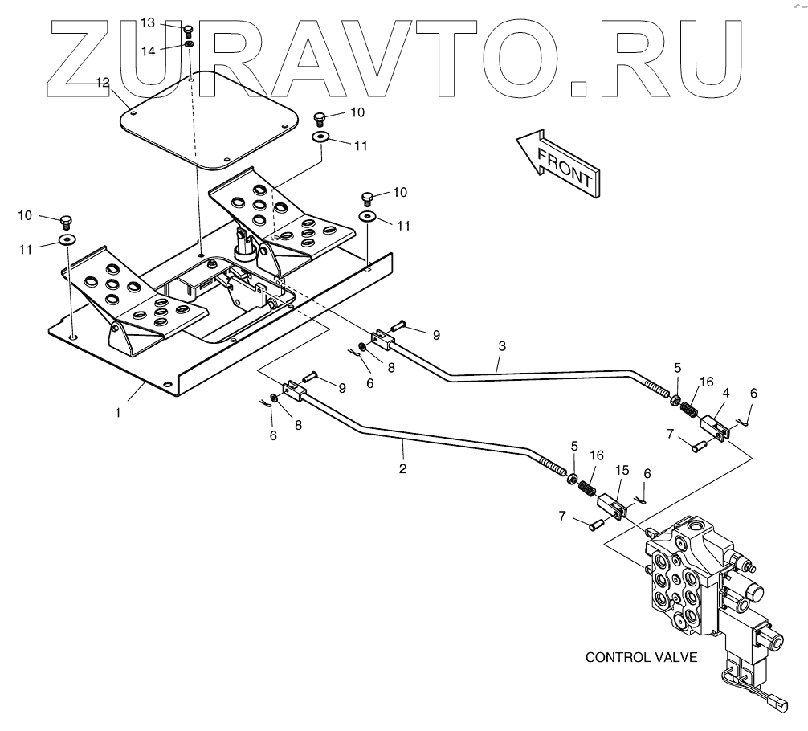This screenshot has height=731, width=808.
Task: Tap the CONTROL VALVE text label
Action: (641, 657)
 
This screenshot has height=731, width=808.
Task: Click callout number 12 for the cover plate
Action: (102, 82)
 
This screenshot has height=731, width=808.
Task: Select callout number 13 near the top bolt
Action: (148, 23)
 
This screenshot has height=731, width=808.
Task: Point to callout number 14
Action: (148, 50)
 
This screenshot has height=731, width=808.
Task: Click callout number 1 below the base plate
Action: (117, 412)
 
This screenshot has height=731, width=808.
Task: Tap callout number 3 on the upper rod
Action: (501, 346)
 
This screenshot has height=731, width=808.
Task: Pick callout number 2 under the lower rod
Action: (402, 468)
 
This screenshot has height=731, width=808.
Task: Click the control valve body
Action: (683, 578)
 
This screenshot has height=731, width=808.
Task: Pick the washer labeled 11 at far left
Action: (67, 240)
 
